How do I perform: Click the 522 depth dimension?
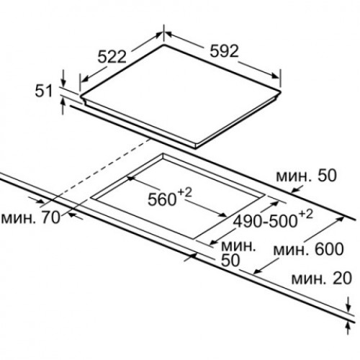click(112, 57)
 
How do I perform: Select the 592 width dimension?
click(225, 51)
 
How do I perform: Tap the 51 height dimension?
click(43, 91)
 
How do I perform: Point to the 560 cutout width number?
click(162, 199)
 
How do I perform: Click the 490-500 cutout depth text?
click(265, 221)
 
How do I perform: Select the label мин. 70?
click(30, 218)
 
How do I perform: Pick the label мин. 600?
click(309, 249)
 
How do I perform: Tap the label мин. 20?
click(322, 279)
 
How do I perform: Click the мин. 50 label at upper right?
click(307, 176)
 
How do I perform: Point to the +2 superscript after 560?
click(185, 193)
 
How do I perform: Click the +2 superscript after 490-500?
click(306, 215)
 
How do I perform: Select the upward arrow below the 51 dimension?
click(63, 107)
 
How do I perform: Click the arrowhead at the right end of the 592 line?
click(276, 76)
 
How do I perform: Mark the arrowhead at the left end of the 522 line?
click(84, 79)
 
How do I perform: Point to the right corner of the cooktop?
click(280, 92)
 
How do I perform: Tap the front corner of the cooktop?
click(196, 146)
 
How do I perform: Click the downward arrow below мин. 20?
click(348, 305)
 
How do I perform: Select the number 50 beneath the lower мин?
click(230, 260)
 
